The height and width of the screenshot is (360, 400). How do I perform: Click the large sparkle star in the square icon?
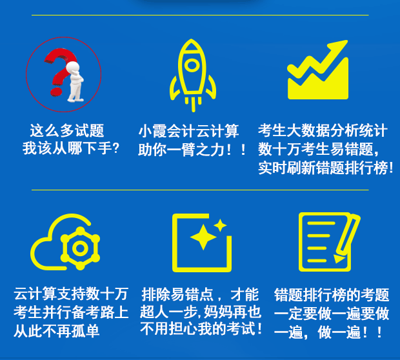coord(203,238)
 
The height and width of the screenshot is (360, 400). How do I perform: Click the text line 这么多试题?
coord(66,131)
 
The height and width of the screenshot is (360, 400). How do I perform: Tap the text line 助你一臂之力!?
coord(192,150)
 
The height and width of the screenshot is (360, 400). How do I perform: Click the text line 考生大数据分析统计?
coord(323,131)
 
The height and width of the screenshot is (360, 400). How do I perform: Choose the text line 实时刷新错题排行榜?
coord(326,168)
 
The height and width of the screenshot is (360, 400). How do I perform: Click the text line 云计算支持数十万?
coord(71,294)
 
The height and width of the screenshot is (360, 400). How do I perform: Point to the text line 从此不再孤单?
coord(57,332)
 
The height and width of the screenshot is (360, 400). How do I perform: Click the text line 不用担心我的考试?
coord(201,329)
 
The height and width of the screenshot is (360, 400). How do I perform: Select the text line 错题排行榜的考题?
coord(332,295)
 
